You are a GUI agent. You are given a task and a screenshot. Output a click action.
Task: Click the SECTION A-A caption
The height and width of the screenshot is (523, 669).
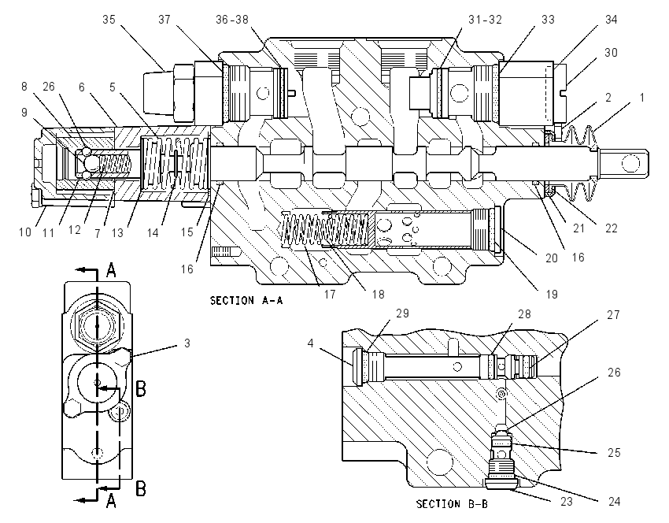point(246,301)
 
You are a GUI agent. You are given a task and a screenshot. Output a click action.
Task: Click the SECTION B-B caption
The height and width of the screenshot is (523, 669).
point(453,504)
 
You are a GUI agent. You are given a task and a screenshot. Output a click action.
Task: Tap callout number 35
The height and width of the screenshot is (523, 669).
point(109,20)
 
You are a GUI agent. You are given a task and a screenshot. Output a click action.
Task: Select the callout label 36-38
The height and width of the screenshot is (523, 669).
point(231,20)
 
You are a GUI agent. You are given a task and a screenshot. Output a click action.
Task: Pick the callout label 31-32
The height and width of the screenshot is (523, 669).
point(485,20)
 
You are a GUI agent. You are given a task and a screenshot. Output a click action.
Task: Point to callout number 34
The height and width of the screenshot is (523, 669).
point(611,20)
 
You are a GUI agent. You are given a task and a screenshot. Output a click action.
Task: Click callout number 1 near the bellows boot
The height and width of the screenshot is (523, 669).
point(641,98)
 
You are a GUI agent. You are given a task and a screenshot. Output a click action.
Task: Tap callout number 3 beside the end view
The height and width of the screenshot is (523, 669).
point(187,343)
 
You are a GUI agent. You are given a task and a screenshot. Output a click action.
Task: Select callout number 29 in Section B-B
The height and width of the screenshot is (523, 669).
point(402,313)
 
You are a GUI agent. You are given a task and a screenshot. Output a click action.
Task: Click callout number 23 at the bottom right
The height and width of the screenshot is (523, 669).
point(566,501)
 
